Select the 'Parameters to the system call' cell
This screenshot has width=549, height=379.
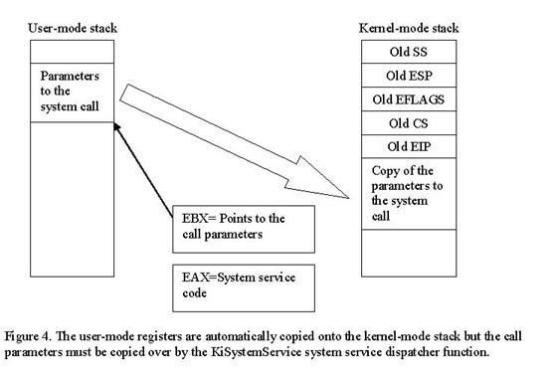(74, 92)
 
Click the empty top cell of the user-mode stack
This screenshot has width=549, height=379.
(74, 52)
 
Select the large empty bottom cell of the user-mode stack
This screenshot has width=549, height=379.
(74, 199)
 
